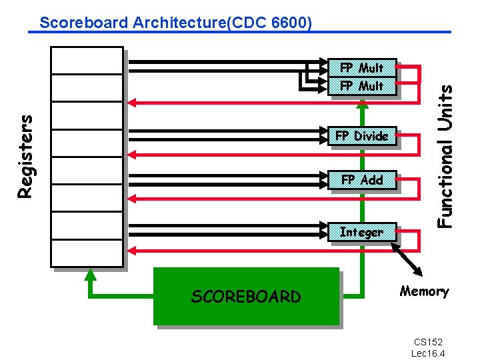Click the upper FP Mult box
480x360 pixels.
point(363,67)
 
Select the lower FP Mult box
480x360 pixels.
point(363,85)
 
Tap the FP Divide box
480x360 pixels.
point(362,136)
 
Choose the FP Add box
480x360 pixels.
point(362,179)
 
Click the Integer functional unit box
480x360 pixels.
point(362,232)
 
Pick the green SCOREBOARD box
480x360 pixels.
point(246,296)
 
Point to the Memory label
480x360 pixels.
point(425,291)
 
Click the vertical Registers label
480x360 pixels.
point(25,156)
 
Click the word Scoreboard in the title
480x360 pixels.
point(84,23)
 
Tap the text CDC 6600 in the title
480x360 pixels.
point(272,23)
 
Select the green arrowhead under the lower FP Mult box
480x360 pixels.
point(362,103)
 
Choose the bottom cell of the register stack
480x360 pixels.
point(87,253)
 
